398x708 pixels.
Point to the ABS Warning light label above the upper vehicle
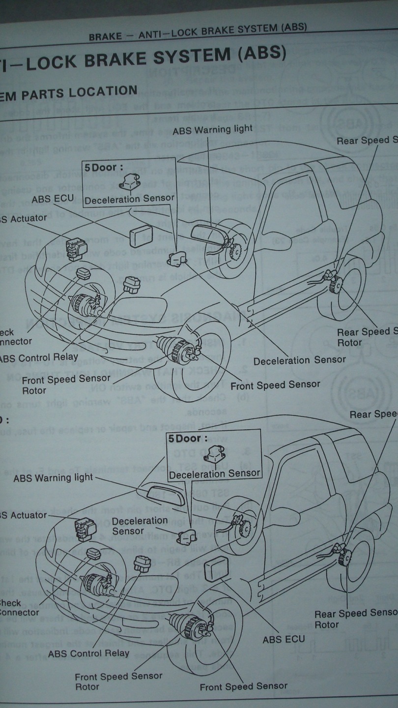[212, 129]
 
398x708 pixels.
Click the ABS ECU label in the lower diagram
[284, 639]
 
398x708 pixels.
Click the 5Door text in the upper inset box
[101, 168]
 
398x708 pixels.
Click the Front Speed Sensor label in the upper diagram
[275, 384]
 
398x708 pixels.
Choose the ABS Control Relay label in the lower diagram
[88, 653]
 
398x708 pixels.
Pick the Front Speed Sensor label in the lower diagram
[243, 686]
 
